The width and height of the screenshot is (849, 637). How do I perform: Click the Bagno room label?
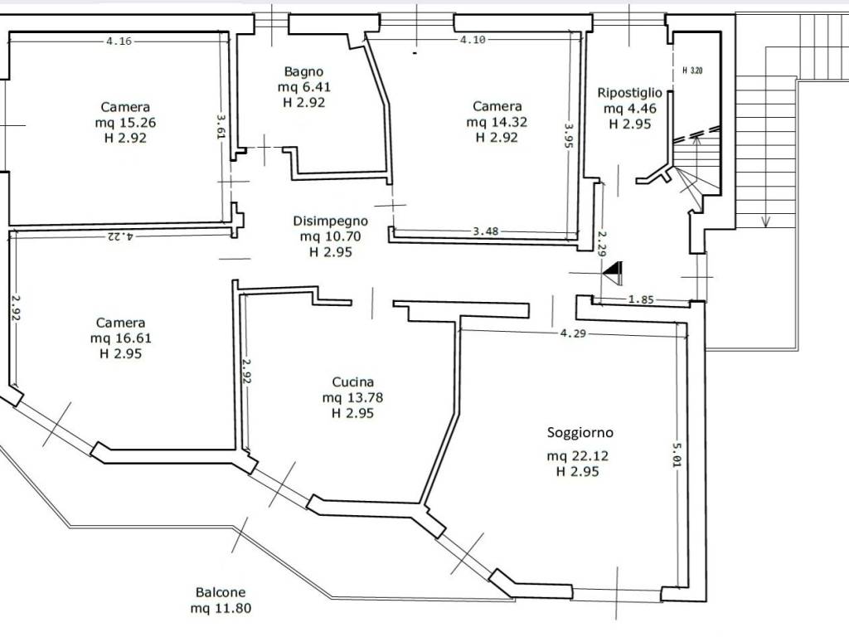point(303,71)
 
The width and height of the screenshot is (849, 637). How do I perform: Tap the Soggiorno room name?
point(580,433)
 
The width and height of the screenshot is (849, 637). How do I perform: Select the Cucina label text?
point(353,382)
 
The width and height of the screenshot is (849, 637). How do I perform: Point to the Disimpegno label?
point(330,221)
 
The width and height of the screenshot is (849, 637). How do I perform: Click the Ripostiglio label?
point(629,93)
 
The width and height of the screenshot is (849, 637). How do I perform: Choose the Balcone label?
point(221,592)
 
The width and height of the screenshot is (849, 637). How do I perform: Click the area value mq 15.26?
point(125,123)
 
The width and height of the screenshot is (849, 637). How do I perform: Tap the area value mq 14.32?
point(497,122)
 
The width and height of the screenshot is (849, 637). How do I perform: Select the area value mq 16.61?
point(121,338)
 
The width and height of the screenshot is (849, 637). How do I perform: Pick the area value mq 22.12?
point(578,456)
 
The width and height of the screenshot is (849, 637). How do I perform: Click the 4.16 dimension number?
point(119,41)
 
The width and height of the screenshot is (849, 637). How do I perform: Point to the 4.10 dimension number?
point(473,40)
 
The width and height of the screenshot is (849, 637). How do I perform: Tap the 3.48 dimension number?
point(485,231)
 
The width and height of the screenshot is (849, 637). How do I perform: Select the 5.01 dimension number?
point(677,455)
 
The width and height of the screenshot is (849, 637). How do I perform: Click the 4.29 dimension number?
point(573,333)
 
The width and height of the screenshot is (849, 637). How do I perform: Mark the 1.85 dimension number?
point(642,299)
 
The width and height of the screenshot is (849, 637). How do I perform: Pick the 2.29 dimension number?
point(602,243)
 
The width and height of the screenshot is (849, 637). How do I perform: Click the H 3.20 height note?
point(692,71)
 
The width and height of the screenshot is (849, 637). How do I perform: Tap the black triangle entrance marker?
point(614,271)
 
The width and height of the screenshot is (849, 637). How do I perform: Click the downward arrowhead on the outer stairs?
point(765,221)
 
